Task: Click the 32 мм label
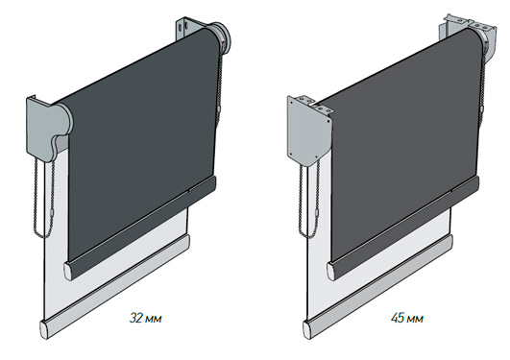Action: (145, 318)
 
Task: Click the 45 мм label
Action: (407, 318)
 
